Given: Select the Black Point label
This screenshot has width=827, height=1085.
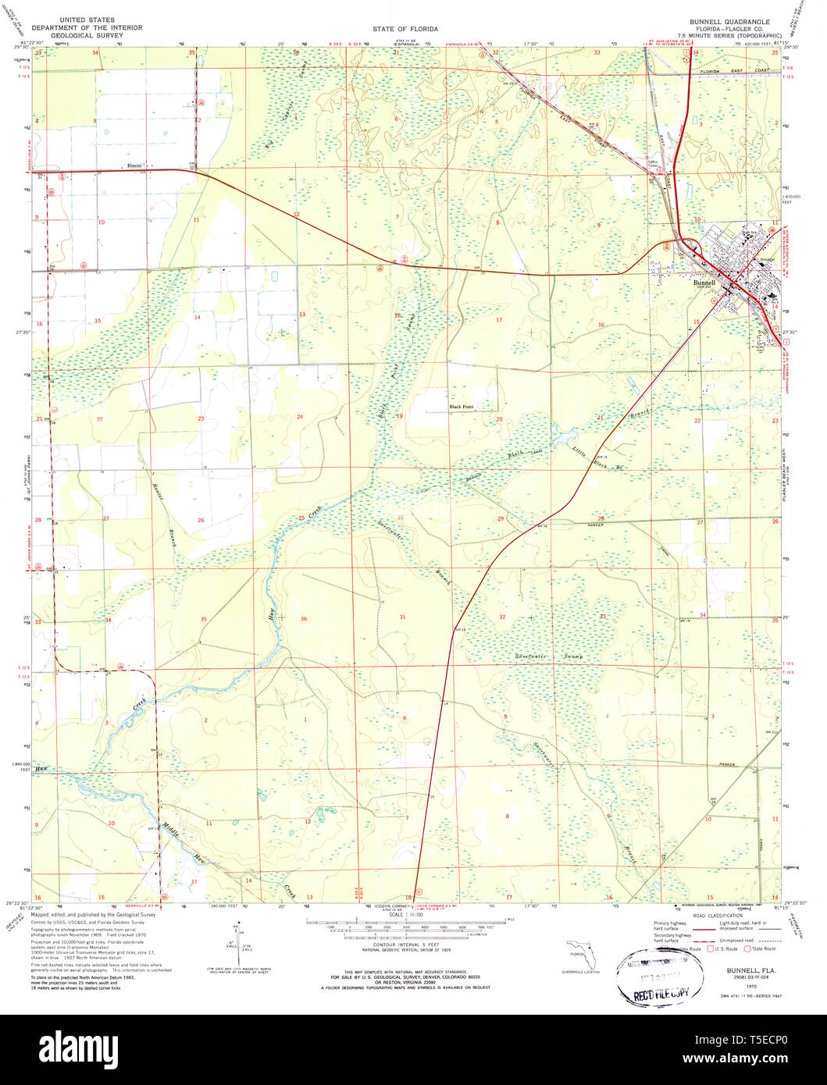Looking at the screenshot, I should click(461, 407).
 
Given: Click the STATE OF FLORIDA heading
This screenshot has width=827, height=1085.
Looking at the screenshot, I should click(405, 29).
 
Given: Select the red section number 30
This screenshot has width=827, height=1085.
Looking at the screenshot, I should click(400, 517).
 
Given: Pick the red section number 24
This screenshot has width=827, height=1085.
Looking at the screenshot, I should click(299, 417).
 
